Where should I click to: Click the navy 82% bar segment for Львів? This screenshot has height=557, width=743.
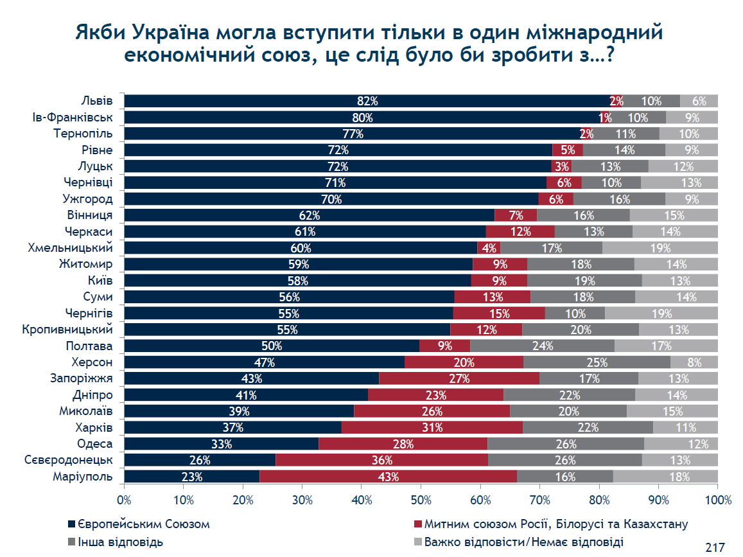pyautogui.click(x=367, y=101)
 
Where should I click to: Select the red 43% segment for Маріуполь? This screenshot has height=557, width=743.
pyautogui.click(x=388, y=477)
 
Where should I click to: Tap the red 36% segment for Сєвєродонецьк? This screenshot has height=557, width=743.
pyautogui.click(x=382, y=460)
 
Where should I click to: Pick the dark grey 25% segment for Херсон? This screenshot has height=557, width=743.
pyautogui.click(x=597, y=362)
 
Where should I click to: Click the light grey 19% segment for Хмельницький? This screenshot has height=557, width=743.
pyautogui.click(x=660, y=248)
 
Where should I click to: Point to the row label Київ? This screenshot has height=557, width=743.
pyautogui.click(x=100, y=281)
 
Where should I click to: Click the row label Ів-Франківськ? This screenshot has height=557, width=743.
pyautogui.click(x=73, y=118)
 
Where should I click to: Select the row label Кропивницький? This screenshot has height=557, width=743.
pyautogui.click(x=67, y=330)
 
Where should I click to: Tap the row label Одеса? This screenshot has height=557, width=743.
pyautogui.click(x=95, y=444)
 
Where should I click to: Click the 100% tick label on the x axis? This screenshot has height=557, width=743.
pyautogui.click(x=718, y=500)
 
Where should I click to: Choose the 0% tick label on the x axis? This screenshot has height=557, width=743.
pyautogui.click(x=124, y=500)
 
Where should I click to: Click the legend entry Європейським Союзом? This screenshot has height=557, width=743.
pyautogui.click(x=139, y=524)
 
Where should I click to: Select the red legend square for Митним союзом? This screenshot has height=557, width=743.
pyautogui.click(x=418, y=524)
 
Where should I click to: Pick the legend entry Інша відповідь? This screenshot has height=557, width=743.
pyautogui.click(x=116, y=542)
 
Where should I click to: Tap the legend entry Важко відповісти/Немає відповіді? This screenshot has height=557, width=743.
pyautogui.click(x=519, y=542)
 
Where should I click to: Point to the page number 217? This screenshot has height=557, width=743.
pyautogui.click(x=715, y=547)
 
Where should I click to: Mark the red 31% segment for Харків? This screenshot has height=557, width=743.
pyautogui.click(x=432, y=428)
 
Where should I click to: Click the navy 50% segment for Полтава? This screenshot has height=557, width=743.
pyautogui.click(x=272, y=346)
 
